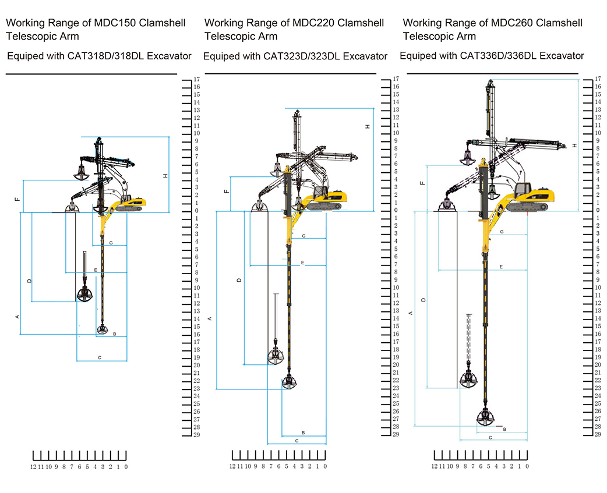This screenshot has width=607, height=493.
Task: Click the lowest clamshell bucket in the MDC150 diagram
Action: tap(103, 329)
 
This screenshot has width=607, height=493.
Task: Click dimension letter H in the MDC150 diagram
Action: tap(165, 176)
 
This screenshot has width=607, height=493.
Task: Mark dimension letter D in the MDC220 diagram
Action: tap(238, 280)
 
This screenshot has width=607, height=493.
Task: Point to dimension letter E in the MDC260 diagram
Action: tap(501, 267)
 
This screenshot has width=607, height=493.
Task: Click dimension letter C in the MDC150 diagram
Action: tap(100, 357)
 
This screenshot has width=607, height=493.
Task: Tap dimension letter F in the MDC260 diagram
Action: tap(422, 183)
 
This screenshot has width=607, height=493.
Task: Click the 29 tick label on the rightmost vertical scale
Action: tap(598, 434)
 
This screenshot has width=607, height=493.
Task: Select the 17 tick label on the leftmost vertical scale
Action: tap(197, 79)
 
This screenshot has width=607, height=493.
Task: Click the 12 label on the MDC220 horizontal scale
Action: tap(232, 466)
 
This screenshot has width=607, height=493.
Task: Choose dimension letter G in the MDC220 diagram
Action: tap(303, 236)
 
